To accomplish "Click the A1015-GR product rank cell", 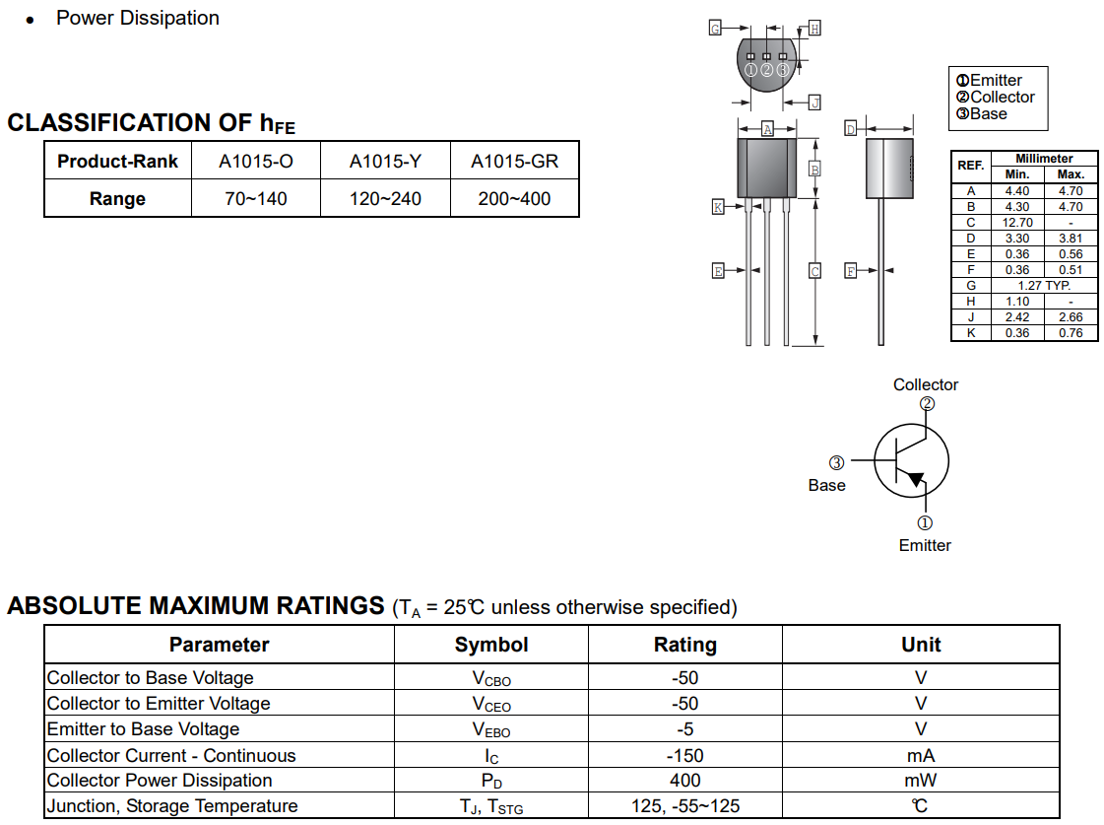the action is (514, 162).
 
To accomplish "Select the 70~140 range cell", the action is (256, 199).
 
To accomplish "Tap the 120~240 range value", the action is (385, 199).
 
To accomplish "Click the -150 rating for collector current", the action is (685, 755).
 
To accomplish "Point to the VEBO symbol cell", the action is (491, 730).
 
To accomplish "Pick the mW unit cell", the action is (920, 781).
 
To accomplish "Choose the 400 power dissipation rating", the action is (685, 781).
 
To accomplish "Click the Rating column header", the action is (685, 645).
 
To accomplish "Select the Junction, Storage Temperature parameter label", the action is (172, 806).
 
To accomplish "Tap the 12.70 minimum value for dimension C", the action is (1017, 223).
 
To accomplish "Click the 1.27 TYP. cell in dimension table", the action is (1044, 285).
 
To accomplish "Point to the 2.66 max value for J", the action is (1071, 317).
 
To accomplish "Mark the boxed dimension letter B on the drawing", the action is (814, 170).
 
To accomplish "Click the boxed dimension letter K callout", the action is (718, 206).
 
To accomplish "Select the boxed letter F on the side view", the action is (851, 270).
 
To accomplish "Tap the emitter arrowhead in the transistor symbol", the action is (915, 479).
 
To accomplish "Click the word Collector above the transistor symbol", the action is (926, 384).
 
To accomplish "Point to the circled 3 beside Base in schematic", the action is (836, 463).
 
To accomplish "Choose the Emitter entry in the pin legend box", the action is (989, 80).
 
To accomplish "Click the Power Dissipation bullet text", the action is (138, 19).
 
